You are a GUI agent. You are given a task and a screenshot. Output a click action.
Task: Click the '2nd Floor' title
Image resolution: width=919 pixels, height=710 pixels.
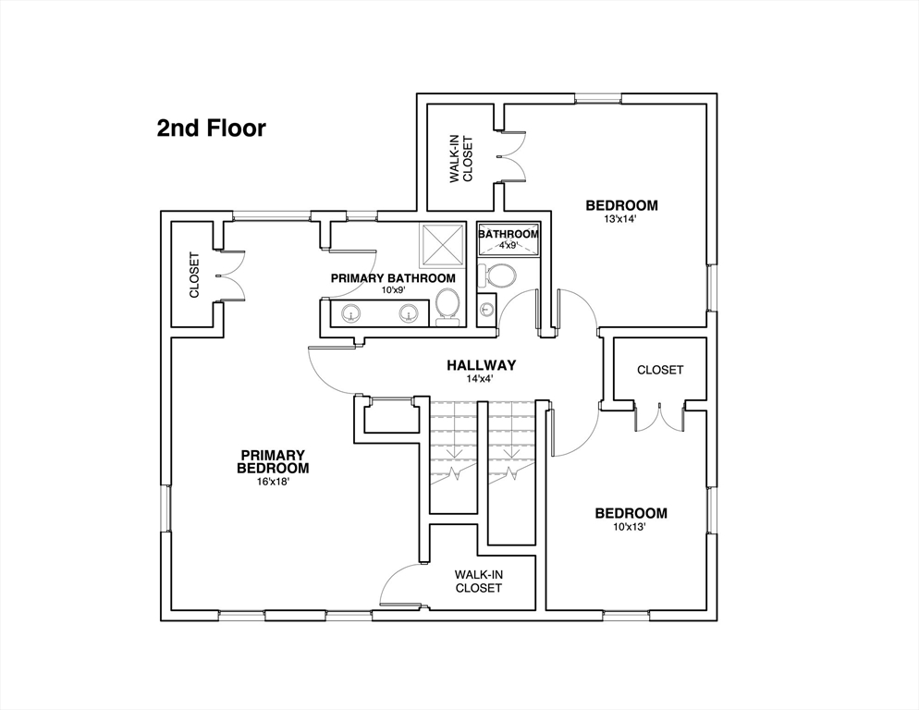pos(211,129)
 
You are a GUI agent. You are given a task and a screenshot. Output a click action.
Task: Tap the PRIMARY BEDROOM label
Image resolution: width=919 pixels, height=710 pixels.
pos(273,462)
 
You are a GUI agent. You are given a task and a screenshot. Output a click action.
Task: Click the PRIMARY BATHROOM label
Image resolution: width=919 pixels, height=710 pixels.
pos(393,278)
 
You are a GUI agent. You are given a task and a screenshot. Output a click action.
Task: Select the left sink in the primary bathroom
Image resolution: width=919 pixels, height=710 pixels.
pos(351,313)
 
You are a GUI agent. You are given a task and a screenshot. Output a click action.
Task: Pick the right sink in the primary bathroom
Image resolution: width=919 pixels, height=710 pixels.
pos(409,313)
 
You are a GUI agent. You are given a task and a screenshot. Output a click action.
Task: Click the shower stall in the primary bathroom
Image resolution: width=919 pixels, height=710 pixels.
pos(441,245)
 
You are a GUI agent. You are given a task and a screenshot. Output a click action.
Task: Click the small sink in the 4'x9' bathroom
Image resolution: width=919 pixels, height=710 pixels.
pos(486,307)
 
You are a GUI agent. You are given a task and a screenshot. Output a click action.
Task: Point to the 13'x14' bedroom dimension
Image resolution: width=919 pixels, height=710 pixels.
pos(620,219)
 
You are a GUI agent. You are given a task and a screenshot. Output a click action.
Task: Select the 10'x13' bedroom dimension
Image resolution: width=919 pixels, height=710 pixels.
pos(629,526)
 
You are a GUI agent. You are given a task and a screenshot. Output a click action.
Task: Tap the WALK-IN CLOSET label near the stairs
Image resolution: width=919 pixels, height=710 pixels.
pos(479,581)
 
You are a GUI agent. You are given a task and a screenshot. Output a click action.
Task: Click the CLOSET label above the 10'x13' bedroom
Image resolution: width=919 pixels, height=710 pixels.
pos(660,370)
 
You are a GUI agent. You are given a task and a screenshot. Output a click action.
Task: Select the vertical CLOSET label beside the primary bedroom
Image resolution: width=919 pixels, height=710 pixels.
pos(194,275)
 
